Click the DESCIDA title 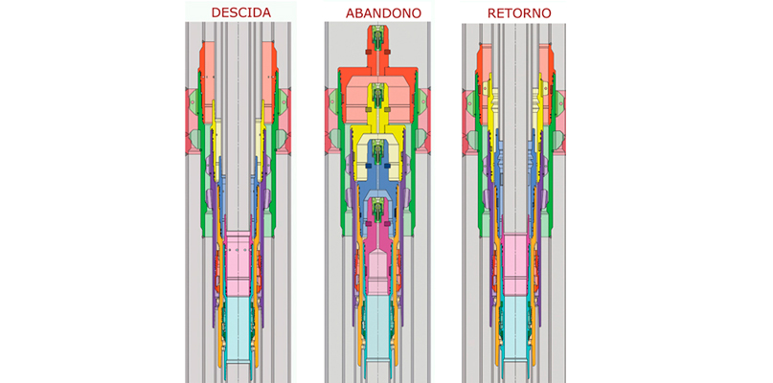click(241, 12)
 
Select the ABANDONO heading click(383, 13)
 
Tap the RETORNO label click(519, 13)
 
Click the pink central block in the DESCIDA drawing click(239, 262)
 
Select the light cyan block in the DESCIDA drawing click(239, 327)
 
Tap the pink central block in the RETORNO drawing click(515, 265)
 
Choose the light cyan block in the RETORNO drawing click(515, 327)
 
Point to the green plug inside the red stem click(377, 38)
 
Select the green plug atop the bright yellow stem click(377, 95)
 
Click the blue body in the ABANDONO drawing click(377, 196)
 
